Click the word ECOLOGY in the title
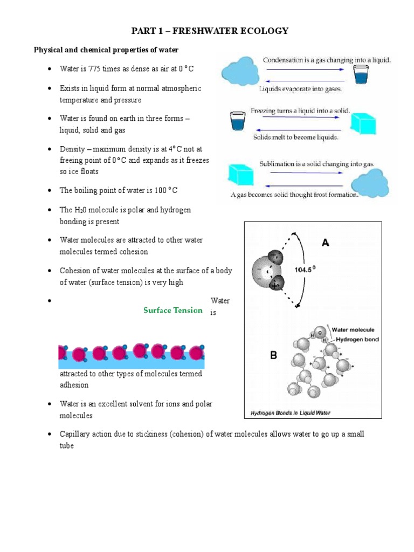pos(263,31)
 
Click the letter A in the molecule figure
pos(326,243)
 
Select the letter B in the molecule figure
pos(273,356)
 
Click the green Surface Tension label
pos(173,310)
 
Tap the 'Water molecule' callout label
pos(353,329)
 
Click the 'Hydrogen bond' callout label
pos(357,340)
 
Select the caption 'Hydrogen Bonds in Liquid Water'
pos(291,413)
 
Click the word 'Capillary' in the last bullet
pos(76,434)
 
